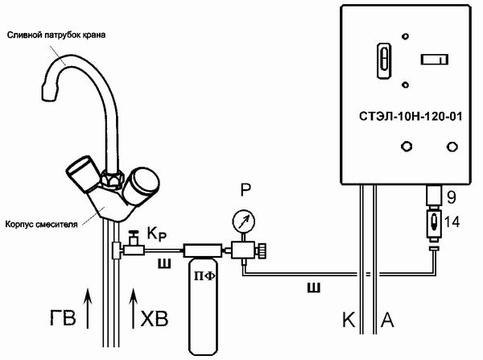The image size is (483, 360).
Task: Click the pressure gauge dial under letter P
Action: [x=243, y=221]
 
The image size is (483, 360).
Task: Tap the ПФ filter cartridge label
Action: [x=204, y=276]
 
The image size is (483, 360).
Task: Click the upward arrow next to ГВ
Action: [x=88, y=308]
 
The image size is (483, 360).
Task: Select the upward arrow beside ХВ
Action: [x=134, y=308]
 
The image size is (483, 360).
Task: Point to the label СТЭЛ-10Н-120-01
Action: [x=411, y=117]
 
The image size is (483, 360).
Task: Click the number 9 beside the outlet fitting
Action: [x=452, y=197]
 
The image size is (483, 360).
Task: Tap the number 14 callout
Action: [x=452, y=222]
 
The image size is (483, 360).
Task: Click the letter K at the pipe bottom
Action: [x=349, y=320]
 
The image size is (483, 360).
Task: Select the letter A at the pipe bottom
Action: [x=387, y=320]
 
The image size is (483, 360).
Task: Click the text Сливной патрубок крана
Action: [x=56, y=35]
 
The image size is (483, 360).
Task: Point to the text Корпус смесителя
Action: [x=42, y=224]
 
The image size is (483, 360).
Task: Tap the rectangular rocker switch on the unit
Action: [x=435, y=59]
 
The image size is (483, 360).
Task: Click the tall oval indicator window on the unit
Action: [x=384, y=60]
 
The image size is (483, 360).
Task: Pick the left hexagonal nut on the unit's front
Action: [x=407, y=146]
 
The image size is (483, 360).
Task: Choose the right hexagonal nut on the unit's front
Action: [x=452, y=147]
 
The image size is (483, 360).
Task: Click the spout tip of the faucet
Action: [x=49, y=93]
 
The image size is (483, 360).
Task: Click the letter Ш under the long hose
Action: [x=314, y=288]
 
